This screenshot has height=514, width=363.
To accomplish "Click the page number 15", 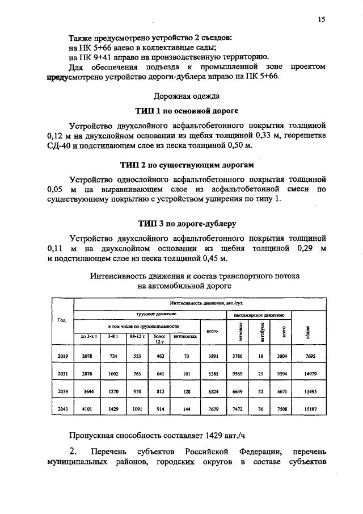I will tap(321, 20).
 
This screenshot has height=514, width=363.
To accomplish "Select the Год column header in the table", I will tap(62, 320).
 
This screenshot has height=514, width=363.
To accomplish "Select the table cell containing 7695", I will tap(309, 356).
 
